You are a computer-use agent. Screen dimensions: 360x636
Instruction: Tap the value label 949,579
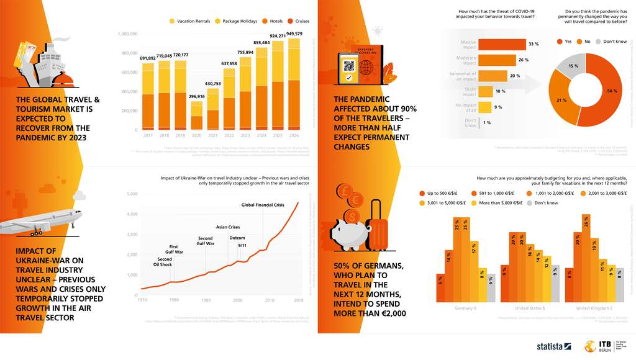coord(294,34)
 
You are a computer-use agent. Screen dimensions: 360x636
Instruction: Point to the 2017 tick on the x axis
coord(148,135)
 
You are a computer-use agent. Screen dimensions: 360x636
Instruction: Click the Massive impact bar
coord(501,44)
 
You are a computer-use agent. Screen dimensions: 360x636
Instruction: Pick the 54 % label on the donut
coord(612,91)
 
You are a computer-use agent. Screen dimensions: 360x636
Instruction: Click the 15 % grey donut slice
coord(573,66)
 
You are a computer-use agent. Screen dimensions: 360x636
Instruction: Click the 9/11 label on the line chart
coord(243,246)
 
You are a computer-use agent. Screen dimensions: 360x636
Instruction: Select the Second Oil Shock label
coord(165,262)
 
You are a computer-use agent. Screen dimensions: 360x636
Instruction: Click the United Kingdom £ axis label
coord(593,307)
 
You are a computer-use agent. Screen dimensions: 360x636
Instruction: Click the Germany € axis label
coord(465,307)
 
